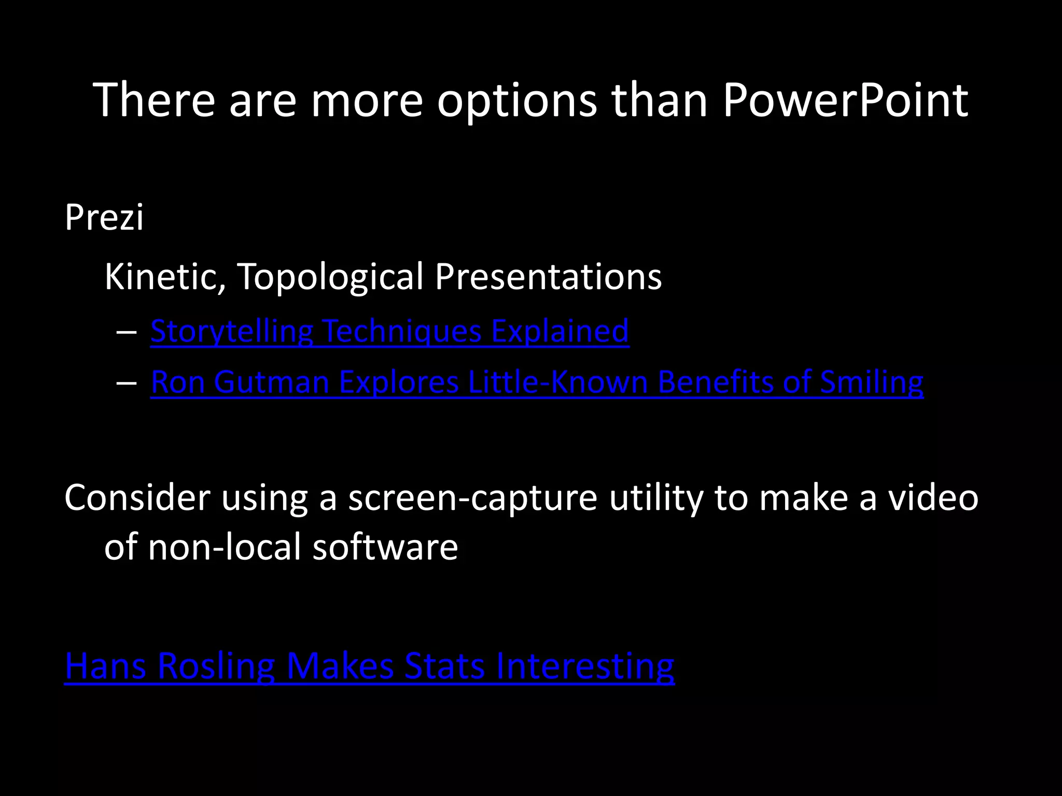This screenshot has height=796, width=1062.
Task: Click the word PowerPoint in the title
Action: pos(845,101)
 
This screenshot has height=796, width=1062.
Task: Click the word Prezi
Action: pos(104,218)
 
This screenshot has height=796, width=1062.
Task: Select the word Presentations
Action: pos(548,277)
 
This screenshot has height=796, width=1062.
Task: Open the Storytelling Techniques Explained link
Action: pos(389,332)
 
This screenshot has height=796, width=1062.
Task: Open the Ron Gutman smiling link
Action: pos(537,382)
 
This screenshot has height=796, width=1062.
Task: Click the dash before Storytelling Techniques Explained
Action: pos(127,332)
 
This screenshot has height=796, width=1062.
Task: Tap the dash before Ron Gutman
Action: pos(127,383)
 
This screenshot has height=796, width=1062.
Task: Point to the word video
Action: pos(933,497)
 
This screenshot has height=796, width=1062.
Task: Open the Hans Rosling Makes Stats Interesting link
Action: pos(369,666)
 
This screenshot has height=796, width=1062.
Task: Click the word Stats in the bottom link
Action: pos(444,666)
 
